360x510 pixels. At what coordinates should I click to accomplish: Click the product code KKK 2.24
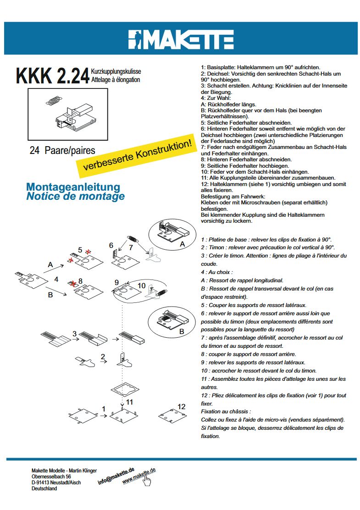pos(52,76)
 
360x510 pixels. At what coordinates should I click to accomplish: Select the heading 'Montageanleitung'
pos(73,187)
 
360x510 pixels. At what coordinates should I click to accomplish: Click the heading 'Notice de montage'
pos(75,197)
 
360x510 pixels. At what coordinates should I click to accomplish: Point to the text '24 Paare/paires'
pos(62,150)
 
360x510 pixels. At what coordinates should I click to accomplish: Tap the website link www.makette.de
pos(139,476)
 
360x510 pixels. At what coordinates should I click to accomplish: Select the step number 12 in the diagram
pos(182,406)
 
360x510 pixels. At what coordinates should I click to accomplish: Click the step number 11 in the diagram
pos(130,402)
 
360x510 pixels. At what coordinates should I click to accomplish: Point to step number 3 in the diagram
pos(74,333)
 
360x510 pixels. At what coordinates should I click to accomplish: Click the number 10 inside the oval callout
pos(141,285)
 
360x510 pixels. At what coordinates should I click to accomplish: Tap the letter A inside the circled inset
pos(182,244)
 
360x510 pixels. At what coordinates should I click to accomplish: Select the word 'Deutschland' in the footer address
pos(44,488)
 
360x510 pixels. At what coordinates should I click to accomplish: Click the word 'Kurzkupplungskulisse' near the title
pos(116,72)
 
